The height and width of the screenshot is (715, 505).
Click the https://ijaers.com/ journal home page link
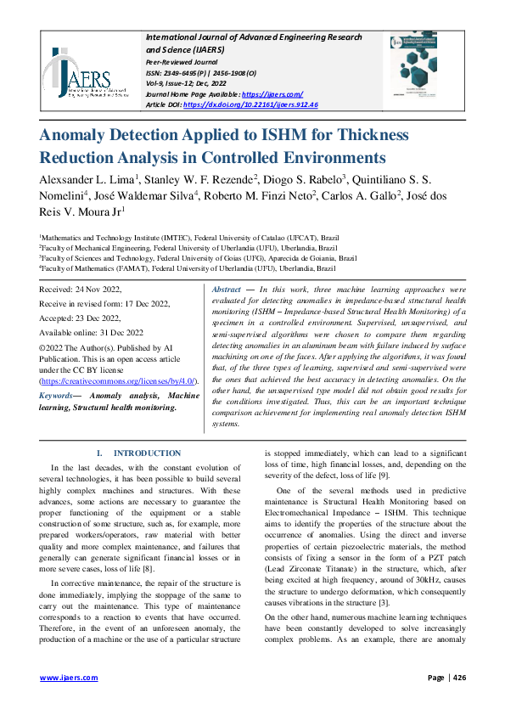click(x=272, y=93)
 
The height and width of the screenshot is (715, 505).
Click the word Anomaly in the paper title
click(x=81, y=136)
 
